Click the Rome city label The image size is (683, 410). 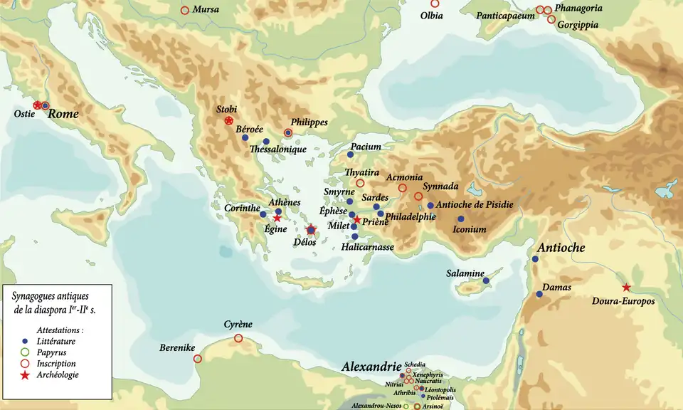click(x=65, y=113)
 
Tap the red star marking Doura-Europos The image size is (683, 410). click(x=626, y=288)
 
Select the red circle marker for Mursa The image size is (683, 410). click(x=185, y=11)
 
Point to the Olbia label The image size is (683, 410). click(x=432, y=15)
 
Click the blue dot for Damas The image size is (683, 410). click(x=539, y=294)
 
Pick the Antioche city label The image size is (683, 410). click(x=562, y=248)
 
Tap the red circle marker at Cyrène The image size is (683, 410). click(x=238, y=338)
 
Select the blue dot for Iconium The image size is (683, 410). click(x=461, y=219)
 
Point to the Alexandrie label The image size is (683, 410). click(x=371, y=367)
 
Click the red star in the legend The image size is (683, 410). click(x=25, y=375)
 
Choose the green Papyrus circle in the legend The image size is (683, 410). click(x=25, y=352)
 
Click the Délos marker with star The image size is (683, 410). click(x=311, y=229)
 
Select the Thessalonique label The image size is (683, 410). click(x=278, y=150)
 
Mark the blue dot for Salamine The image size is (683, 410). click(x=486, y=280)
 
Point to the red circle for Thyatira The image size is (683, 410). click(x=360, y=183)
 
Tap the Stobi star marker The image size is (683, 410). click(x=229, y=121)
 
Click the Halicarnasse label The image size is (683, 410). click(x=368, y=247)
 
